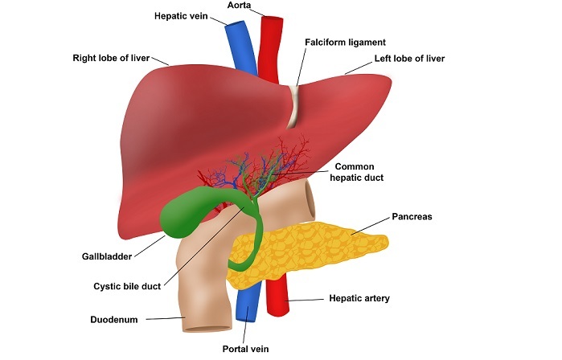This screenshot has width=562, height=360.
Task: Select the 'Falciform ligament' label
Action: coord(346,42)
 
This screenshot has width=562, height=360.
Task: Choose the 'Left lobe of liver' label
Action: coord(408,59)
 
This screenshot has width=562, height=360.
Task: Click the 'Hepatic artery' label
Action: coord(359,298)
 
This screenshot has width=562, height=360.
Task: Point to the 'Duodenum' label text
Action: coord(114,319)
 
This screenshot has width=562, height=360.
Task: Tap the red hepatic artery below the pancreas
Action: coord(277,301)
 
